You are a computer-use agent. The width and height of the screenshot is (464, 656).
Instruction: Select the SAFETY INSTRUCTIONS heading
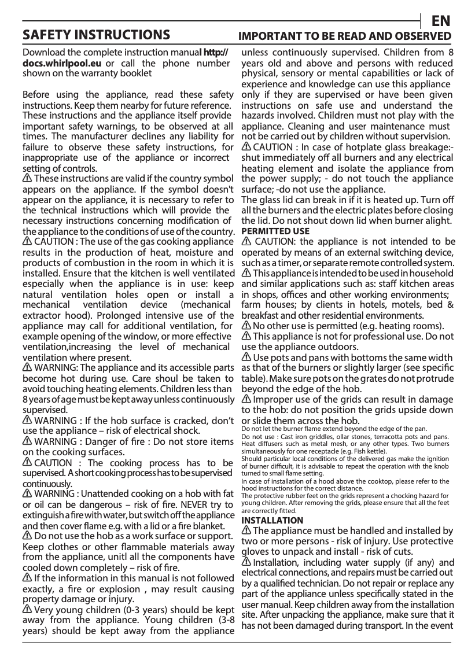pyautogui.click(x=96, y=35)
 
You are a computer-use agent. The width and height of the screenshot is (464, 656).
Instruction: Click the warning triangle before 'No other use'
pyautogui.click(x=246, y=326)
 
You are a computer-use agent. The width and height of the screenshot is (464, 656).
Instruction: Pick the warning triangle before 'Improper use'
pyautogui.click(x=246, y=399)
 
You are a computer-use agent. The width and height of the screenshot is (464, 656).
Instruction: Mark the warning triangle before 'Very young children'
pyautogui.click(x=27, y=610)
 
